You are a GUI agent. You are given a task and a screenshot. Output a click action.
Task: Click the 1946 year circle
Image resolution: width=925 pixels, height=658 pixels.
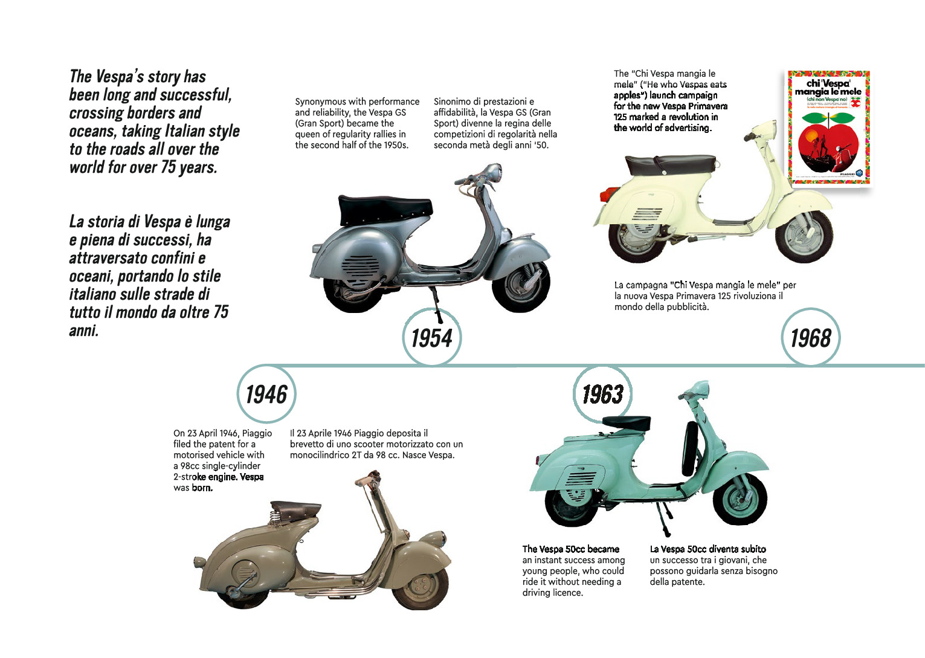click(266, 394)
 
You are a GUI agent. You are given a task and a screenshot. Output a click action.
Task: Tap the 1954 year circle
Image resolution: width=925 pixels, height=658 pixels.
click(431, 337)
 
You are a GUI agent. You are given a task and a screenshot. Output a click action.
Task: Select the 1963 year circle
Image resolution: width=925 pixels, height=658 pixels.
click(602, 394)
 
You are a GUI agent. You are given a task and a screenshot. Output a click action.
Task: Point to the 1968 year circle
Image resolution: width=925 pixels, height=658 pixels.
click(810, 337)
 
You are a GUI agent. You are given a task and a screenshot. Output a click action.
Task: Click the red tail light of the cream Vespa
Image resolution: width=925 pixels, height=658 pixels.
click(607, 195)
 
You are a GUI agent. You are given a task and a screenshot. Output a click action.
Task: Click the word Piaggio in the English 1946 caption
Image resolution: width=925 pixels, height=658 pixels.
click(257, 433)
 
